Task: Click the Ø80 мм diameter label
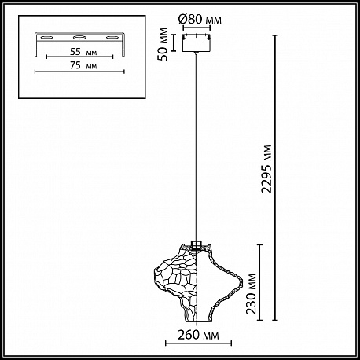tap(200, 20)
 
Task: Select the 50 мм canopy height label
tap(163, 44)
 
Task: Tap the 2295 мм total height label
tap(267, 169)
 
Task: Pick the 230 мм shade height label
tap(252, 294)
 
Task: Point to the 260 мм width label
tap(198, 335)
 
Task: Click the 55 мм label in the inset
tap(83, 52)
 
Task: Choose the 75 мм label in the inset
tap(83, 65)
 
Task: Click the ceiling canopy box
tap(197, 42)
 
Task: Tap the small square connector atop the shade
tap(197, 244)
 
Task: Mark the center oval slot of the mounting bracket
tap(79, 37)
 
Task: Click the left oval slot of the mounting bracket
tap(47, 38)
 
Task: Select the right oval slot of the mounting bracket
tap(112, 38)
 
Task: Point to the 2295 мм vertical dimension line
tap(275, 178)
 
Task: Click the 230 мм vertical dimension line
tap(260, 282)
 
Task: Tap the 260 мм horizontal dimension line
tap(198, 343)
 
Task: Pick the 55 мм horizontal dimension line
tap(79, 57)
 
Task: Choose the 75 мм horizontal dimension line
tap(79, 72)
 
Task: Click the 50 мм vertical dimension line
tap(173, 42)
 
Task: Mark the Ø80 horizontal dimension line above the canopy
tap(197, 28)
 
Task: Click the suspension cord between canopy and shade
tap(197, 146)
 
